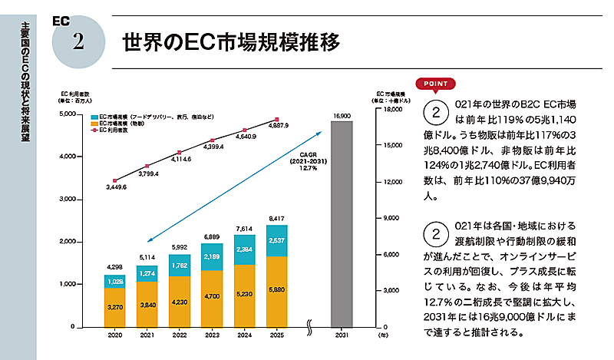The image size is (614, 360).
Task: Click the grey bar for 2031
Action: (x=342, y=224)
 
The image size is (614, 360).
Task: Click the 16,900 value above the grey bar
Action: (x=342, y=115)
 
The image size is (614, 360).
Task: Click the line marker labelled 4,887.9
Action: (x=276, y=120)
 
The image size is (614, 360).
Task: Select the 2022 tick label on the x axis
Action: (x=180, y=335)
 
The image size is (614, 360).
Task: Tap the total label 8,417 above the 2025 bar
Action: (x=276, y=219)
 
